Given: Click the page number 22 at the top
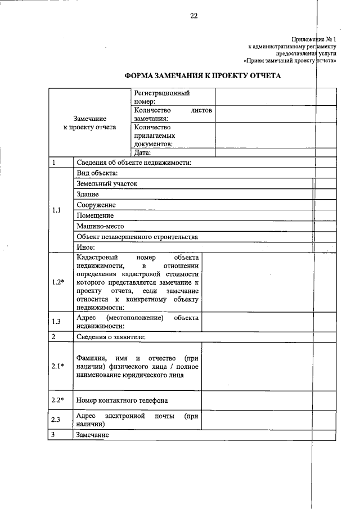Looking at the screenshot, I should point(193,16).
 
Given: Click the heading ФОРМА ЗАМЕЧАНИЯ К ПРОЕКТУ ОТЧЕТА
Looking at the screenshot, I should point(201,75).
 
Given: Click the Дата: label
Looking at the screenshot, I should point(143,152).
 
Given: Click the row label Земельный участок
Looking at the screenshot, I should point(107,183).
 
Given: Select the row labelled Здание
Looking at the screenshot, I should point(88,194).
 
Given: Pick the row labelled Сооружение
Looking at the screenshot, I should point(97,205).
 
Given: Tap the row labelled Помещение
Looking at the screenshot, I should point(96,215).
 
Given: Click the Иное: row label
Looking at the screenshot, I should point(86,247).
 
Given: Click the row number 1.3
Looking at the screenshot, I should point(56,322).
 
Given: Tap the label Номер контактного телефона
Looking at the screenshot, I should point(123,400).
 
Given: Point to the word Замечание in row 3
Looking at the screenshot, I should point(93,435).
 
